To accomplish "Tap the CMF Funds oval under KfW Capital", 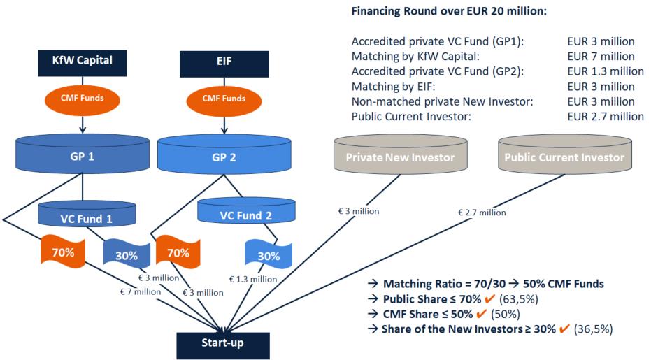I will tap(83, 98).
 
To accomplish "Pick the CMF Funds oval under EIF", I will tap(222, 98).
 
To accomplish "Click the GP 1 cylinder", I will tap(83, 156).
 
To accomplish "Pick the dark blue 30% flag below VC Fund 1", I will tap(127, 255).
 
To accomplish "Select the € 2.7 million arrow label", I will tap(481, 212).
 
